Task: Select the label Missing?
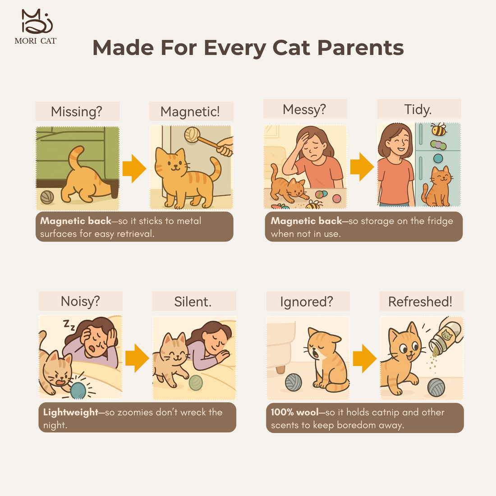pyautogui.click(x=77, y=111)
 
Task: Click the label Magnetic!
pyautogui.click(x=190, y=111)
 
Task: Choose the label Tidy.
pyautogui.click(x=418, y=110)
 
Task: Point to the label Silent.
pyautogui.click(x=193, y=302)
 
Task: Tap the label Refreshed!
pyautogui.click(x=420, y=302)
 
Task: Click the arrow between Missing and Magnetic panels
pyautogui.click(x=134, y=169)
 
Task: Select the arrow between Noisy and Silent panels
pyautogui.click(x=137, y=358)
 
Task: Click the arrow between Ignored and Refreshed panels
pyautogui.click(x=364, y=358)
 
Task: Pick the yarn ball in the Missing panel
pyautogui.click(x=47, y=197)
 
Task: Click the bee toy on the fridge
pyautogui.click(x=438, y=130)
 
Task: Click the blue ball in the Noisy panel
pyautogui.click(x=78, y=390)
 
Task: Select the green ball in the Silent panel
pyautogui.click(x=196, y=383)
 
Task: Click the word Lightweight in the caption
pyautogui.click(x=71, y=412)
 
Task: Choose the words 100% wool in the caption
pyautogui.click(x=294, y=412)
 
